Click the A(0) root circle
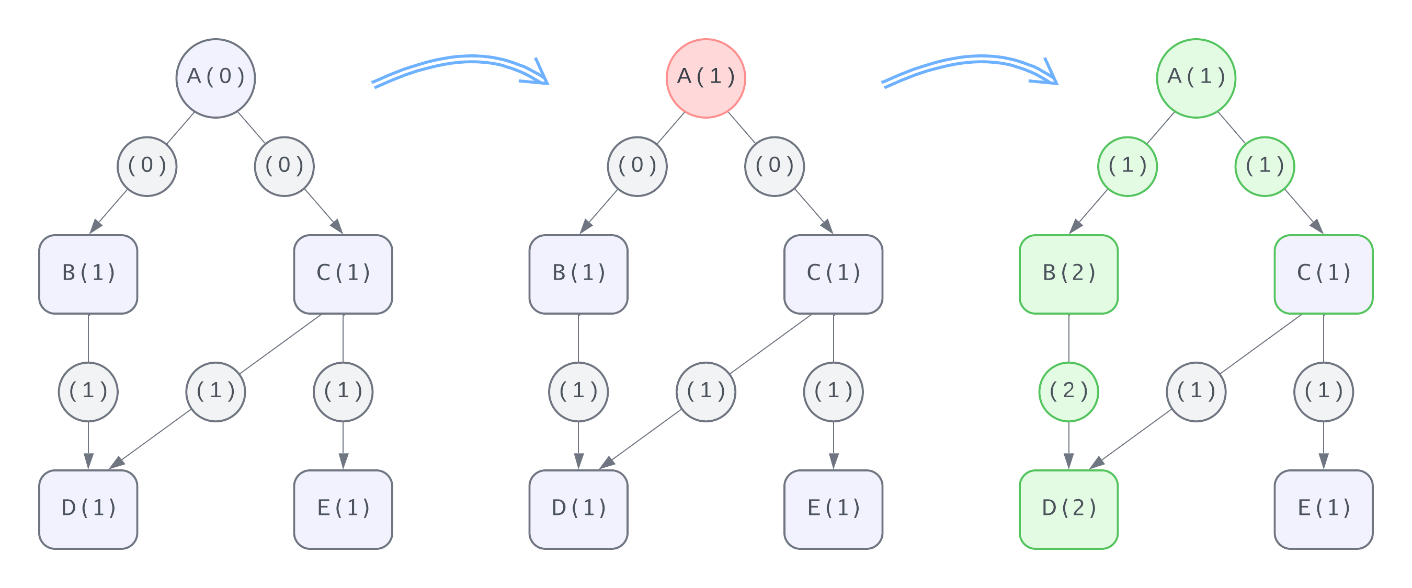click(215, 78)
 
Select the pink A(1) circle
click(705, 78)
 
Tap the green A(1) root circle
click(1195, 78)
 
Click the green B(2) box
click(1068, 274)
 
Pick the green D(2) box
click(1068, 509)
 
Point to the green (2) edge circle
click(1068, 392)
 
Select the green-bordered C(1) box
click(1323, 274)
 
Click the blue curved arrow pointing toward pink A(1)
click(460, 68)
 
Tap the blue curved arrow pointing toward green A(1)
click(970, 68)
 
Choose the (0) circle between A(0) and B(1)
click(147, 166)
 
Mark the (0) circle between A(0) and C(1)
click(284, 166)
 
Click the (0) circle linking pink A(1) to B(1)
click(637, 166)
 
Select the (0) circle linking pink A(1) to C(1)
click(774, 166)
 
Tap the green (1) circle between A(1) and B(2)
click(1127, 166)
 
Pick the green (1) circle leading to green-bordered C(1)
click(1264, 166)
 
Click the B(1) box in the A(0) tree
click(88, 274)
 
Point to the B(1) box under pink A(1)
click(578, 274)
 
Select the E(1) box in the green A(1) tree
click(1323, 509)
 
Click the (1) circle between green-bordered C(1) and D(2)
click(1195, 392)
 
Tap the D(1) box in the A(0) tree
click(88, 509)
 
